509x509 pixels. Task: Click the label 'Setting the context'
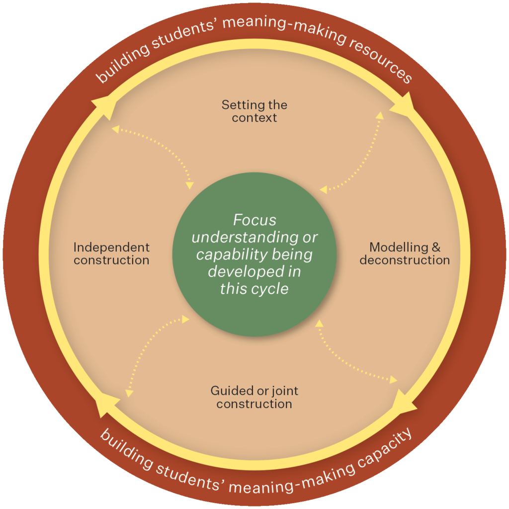pos(254,111)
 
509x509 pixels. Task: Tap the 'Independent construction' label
pos(111,254)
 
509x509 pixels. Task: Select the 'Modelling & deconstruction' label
pos(405,254)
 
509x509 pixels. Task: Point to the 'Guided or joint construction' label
pos(254,397)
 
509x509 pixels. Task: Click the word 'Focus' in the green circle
pos(254,219)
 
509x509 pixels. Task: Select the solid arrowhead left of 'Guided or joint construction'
pos(106,404)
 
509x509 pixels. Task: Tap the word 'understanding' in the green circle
pos(254,237)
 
